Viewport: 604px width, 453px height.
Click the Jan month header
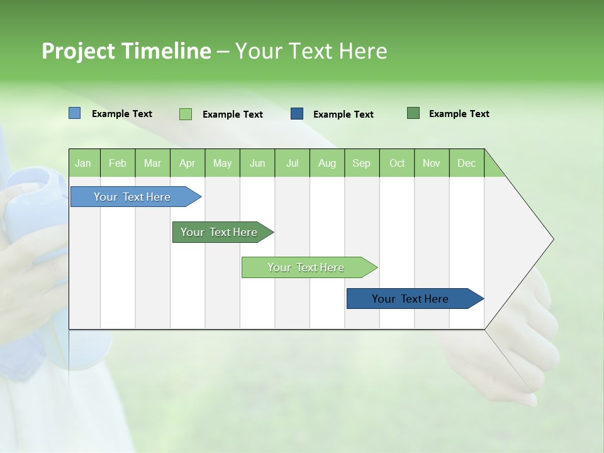click(84, 163)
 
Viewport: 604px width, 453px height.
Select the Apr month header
click(187, 163)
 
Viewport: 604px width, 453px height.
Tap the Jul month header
click(292, 163)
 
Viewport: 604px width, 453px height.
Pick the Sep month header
click(362, 163)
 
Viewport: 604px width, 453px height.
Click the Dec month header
click(466, 163)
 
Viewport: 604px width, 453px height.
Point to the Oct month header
click(397, 163)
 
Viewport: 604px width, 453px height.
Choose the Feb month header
click(118, 163)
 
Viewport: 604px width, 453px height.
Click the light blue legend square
click(74, 113)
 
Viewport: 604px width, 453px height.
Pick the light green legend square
click(186, 114)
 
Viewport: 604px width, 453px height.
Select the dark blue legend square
click(297, 114)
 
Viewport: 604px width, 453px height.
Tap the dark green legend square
click(413, 113)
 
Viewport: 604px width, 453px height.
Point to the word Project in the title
click(78, 51)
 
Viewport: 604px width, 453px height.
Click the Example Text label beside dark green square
click(459, 114)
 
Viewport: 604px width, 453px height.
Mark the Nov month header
click(432, 163)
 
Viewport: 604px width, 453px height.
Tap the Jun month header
click(257, 163)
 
